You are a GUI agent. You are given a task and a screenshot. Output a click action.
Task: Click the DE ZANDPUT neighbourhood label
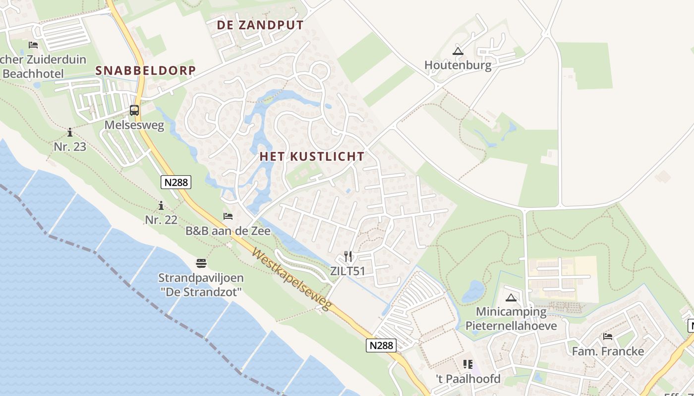260,25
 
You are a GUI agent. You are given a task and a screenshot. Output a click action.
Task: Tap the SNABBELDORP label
146,70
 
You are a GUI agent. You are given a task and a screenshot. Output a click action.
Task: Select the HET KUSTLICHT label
312,156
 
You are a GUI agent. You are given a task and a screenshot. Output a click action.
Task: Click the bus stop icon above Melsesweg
134,110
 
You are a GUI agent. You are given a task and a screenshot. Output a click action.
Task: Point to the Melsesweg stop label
134,125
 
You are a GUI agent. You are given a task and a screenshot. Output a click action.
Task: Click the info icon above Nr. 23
70,132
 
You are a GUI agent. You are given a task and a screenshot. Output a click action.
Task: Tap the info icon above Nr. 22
161,205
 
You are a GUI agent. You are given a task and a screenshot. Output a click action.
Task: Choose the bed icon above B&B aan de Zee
228,216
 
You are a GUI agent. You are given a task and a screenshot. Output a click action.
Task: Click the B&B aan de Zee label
228,231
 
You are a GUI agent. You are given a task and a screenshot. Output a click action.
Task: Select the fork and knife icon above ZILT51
348,256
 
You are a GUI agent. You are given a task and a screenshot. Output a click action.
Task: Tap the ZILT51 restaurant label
347,271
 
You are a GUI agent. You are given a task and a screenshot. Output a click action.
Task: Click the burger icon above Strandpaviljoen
201,263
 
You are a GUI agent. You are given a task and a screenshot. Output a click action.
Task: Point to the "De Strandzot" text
201,292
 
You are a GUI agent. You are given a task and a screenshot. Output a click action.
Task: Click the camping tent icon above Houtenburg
458,50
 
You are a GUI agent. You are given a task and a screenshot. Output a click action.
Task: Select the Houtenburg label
458,65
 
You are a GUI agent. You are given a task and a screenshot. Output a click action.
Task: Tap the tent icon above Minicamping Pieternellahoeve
511,297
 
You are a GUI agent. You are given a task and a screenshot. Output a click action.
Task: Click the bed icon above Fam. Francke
608,337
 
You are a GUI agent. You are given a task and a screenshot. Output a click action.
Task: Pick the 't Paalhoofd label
468,379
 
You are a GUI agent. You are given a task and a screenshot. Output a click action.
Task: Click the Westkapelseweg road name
291,280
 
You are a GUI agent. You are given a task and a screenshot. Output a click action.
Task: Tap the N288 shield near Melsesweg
176,182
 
